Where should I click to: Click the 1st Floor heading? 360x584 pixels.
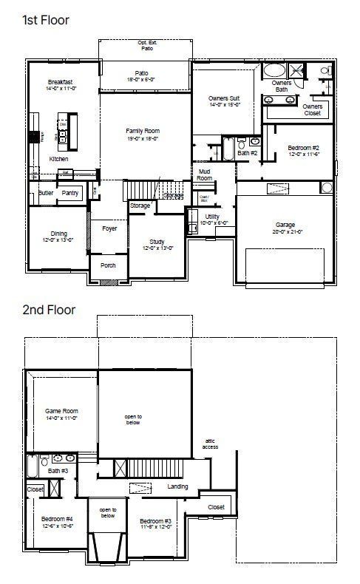point(46,20)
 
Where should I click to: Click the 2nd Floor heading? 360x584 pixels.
point(48,309)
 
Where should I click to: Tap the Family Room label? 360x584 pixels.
point(143,131)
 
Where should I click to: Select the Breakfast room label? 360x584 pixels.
point(60,82)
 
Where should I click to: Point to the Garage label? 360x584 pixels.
point(285,225)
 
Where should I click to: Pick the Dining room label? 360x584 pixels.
point(58,234)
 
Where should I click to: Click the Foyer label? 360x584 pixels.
point(109,228)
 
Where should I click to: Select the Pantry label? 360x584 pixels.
point(70,193)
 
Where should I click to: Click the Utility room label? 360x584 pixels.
point(212,216)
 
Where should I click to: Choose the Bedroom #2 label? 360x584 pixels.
point(303,149)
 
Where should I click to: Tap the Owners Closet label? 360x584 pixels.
point(313,109)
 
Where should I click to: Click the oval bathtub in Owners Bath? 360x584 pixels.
point(274,71)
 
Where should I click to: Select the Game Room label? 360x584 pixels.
point(61,411)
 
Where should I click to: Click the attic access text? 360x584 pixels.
point(211,444)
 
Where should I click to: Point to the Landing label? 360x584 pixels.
point(177,486)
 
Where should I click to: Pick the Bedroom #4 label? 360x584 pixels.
point(57,518)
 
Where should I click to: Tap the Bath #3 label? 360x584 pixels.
point(58,471)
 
